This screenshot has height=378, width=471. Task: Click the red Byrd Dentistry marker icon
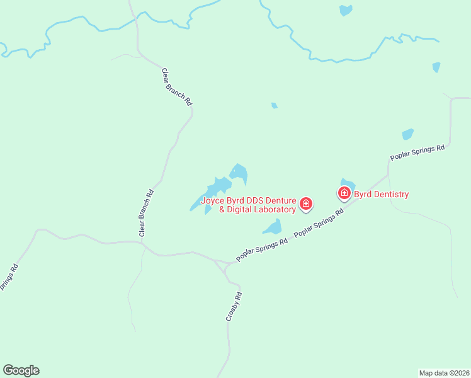[344, 193]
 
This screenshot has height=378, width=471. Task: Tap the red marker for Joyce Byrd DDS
[306, 203]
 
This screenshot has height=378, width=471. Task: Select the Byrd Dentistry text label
[382, 194]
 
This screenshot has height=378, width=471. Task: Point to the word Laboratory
[273, 210]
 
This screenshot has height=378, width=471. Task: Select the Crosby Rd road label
[234, 307]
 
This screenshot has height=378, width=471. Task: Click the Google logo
[21, 370]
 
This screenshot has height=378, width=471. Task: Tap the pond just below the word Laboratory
[272, 226]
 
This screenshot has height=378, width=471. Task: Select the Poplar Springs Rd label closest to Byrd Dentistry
[319, 223]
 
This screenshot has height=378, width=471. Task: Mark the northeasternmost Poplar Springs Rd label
[417, 152]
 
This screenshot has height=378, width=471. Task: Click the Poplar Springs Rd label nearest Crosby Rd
[261, 249]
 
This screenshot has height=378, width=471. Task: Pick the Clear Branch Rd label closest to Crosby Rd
[146, 214]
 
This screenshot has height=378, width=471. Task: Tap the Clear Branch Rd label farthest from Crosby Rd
[177, 86]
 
